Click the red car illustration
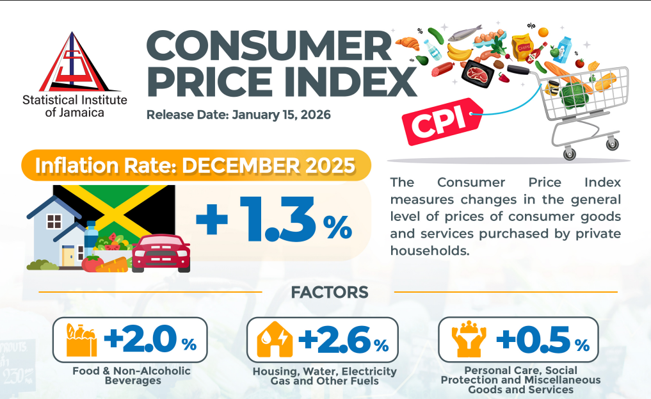(161, 252)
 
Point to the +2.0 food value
(141, 340)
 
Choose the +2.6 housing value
(334, 340)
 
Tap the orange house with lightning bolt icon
(274, 340)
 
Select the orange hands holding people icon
(466, 340)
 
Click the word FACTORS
(329, 293)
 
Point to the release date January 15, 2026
(238, 115)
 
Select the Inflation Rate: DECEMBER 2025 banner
(196, 165)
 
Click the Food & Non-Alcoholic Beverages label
(131, 376)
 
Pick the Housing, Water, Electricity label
(325, 371)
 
